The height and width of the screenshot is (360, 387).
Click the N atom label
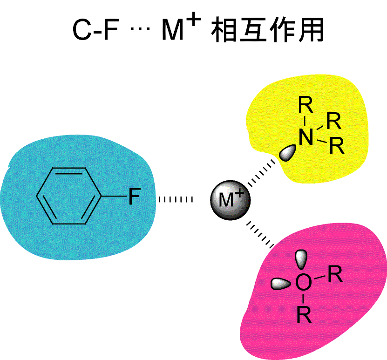click(x=306, y=138)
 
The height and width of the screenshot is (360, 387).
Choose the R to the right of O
click(x=335, y=274)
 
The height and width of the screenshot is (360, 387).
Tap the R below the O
click(x=304, y=315)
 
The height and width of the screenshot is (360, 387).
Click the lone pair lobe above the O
click(x=302, y=259)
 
